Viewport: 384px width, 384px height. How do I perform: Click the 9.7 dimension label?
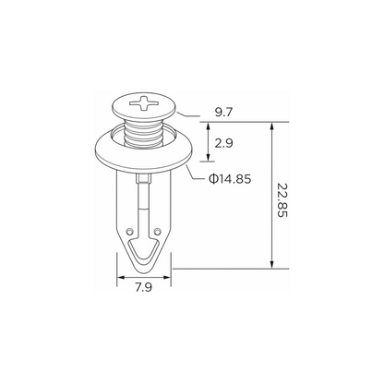(223, 113)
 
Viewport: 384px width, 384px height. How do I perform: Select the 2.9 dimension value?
(223, 143)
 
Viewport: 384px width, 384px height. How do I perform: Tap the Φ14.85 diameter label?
(230, 179)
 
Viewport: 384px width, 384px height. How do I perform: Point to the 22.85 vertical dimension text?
(282, 200)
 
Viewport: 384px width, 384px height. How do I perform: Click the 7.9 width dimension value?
(144, 287)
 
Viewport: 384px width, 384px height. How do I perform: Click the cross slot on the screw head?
(144, 103)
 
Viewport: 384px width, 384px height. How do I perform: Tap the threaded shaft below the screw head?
(144, 133)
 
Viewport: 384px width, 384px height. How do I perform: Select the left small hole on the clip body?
(129, 231)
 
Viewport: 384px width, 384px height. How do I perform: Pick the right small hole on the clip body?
(158, 231)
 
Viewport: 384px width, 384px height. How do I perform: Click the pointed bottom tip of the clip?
(144, 271)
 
